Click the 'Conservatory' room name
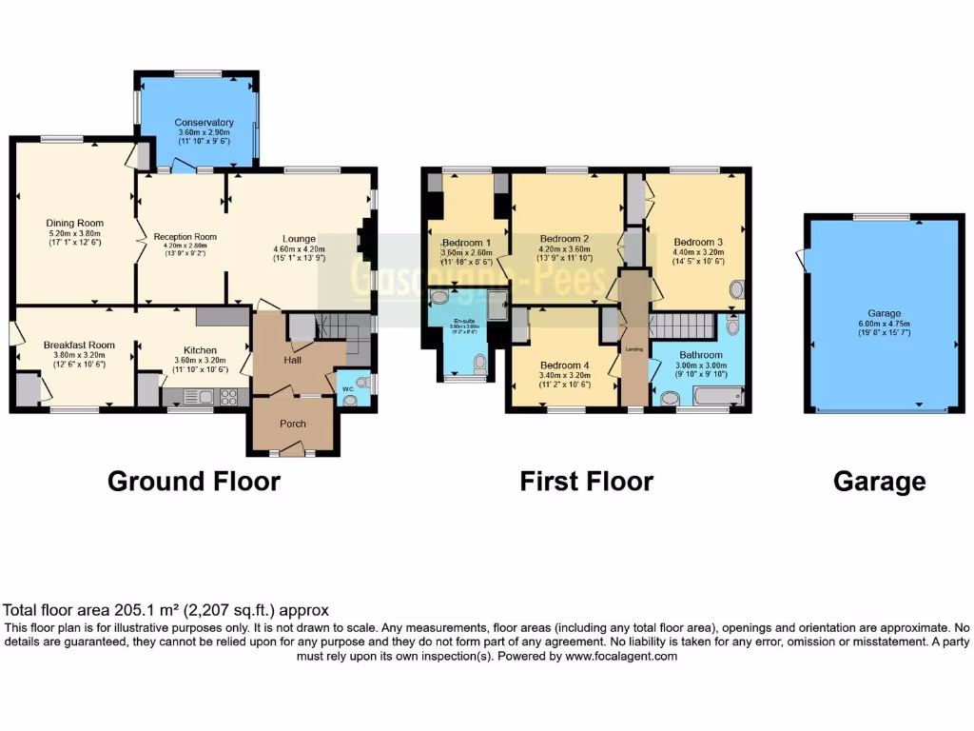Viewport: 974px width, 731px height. [204, 123]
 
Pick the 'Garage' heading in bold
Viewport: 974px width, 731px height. [879, 482]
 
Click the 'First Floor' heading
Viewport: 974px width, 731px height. [586, 482]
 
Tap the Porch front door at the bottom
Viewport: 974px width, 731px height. [292, 448]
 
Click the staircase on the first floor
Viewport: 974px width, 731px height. [680, 325]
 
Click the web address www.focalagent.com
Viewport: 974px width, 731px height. [620, 656]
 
